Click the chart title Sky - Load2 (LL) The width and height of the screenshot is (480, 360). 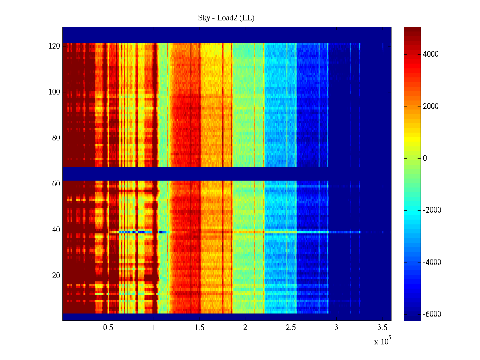coord(226,18)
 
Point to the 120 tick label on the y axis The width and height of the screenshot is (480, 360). coord(54,46)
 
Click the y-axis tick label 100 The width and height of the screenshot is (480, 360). coord(54,92)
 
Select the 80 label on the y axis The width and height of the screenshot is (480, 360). coord(56,138)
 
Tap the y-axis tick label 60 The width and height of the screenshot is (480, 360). coord(56,184)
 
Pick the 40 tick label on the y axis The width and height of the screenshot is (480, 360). coord(56,230)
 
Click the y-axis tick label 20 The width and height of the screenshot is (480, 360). coord(56,276)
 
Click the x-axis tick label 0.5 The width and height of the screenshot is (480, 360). coord(108,328)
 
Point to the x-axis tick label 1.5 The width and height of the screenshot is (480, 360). coord(199,328)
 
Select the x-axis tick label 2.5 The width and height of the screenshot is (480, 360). coord(291,328)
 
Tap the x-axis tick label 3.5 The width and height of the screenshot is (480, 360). coord(382,328)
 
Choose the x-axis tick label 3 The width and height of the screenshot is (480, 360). coord(336,328)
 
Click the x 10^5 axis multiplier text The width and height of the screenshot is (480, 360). coord(382,341)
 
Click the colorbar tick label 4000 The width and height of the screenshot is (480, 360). coord(430,54)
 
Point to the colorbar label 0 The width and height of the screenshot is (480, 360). coord(425,158)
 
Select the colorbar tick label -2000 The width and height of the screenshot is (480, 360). coord(432,210)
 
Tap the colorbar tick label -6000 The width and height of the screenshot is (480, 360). coord(432,314)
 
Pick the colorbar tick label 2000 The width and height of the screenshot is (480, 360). coord(430,106)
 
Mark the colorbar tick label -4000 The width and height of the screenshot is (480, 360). coord(432,262)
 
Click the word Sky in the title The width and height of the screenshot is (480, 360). coord(204,18)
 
